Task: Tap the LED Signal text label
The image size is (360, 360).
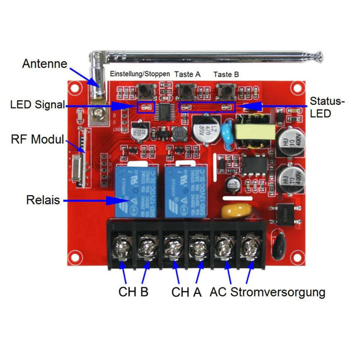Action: (37, 104)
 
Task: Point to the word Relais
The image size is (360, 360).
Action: (44, 199)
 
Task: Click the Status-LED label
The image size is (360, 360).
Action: (328, 107)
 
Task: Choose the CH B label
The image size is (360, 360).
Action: (134, 292)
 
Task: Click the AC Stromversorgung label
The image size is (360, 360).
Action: (268, 292)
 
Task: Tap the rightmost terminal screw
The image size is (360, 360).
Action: (249, 245)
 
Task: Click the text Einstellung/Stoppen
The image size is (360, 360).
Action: (140, 74)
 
